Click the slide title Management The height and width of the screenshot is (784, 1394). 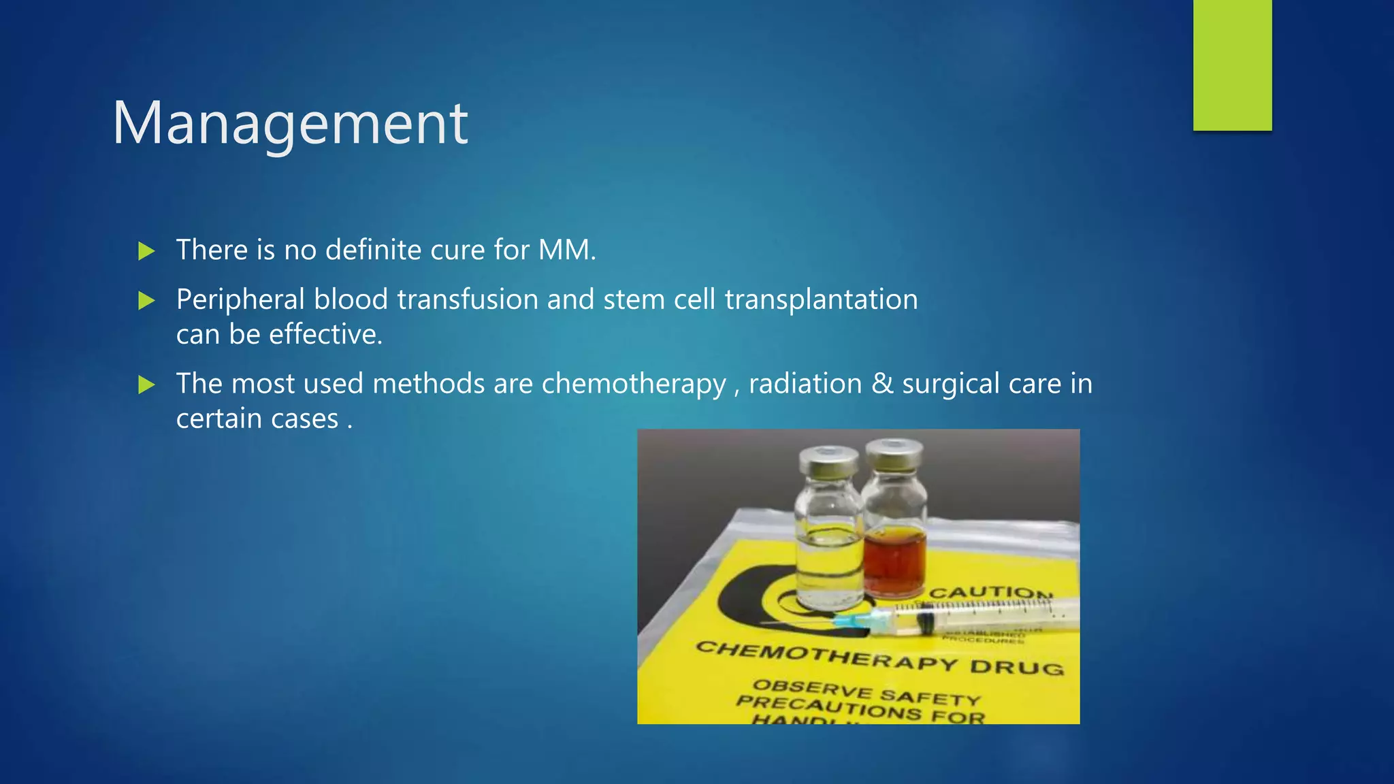point(290,124)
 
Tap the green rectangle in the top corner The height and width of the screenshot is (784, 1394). point(1232,65)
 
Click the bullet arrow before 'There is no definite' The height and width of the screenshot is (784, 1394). point(146,251)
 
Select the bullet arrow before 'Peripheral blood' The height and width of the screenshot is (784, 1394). point(146,300)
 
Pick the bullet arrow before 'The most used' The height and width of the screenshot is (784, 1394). point(146,385)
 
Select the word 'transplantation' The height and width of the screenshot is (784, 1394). point(821,299)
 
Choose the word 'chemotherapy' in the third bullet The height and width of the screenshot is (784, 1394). point(634,384)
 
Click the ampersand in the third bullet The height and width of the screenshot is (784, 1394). point(882,383)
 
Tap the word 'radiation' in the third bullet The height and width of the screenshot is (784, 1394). point(805,383)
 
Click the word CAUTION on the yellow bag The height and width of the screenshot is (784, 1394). point(990,593)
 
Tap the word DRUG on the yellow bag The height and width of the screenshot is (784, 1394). point(1016,667)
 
